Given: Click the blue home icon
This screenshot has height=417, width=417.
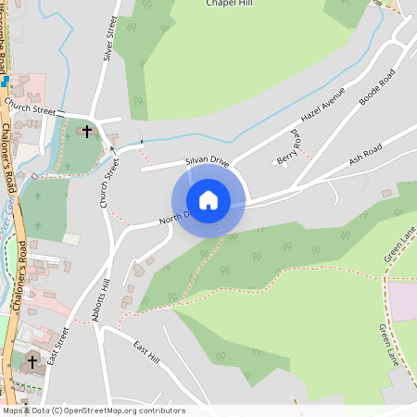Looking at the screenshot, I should point(208,199).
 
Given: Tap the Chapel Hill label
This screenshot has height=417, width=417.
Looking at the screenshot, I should point(232,4).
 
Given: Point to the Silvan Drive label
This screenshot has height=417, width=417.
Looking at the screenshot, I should point(207,161).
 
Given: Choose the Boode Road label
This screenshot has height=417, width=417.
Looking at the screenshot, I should point(376,86).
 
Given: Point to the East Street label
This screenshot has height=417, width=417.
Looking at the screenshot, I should point(58,345).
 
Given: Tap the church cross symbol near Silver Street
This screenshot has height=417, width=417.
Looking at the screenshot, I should point(88,132).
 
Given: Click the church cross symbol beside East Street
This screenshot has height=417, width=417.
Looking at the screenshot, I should point(32,360).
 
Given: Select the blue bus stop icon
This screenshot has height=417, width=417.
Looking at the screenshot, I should point(5,81).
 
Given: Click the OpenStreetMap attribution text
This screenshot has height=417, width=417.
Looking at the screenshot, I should point(93,410).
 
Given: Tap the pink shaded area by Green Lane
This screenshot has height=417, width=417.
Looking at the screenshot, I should point(402,299).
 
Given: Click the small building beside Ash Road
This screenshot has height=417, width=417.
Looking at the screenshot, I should point(386,193).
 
